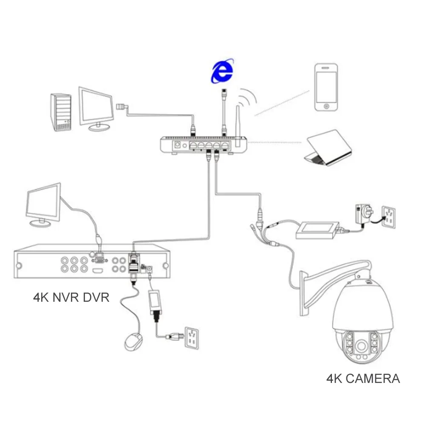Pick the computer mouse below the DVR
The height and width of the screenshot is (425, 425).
133,342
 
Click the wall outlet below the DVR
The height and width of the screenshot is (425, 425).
193,337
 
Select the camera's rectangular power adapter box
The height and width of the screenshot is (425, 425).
318,230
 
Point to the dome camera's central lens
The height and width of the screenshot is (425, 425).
362,344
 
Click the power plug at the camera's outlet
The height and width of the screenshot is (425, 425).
360,212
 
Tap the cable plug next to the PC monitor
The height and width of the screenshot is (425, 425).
122,106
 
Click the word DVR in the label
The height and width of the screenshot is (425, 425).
96,297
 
